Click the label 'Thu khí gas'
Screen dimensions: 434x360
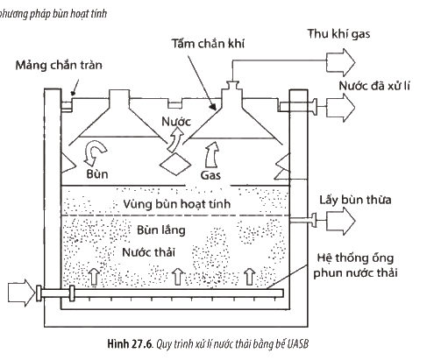point(338,34)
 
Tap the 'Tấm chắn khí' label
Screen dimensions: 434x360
point(208,44)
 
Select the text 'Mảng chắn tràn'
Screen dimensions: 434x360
point(59,65)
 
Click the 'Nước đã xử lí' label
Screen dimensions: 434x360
point(374,86)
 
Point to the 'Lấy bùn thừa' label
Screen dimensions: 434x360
point(355,200)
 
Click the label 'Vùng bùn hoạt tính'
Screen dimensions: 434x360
point(176,204)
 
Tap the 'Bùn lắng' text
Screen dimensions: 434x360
point(161,230)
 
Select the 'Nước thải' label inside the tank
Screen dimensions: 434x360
point(148,252)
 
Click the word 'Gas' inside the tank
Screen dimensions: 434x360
point(210,175)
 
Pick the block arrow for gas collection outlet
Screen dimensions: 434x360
point(341,62)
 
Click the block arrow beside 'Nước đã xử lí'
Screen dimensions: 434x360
point(341,108)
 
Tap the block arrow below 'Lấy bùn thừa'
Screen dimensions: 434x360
point(341,221)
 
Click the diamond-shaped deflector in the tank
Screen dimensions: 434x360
point(175,165)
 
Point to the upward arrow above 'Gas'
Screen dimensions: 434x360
point(211,156)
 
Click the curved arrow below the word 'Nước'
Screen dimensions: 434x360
point(174,140)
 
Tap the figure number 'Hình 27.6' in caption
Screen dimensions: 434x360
point(130,344)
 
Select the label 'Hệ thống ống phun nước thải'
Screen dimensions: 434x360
point(355,265)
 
